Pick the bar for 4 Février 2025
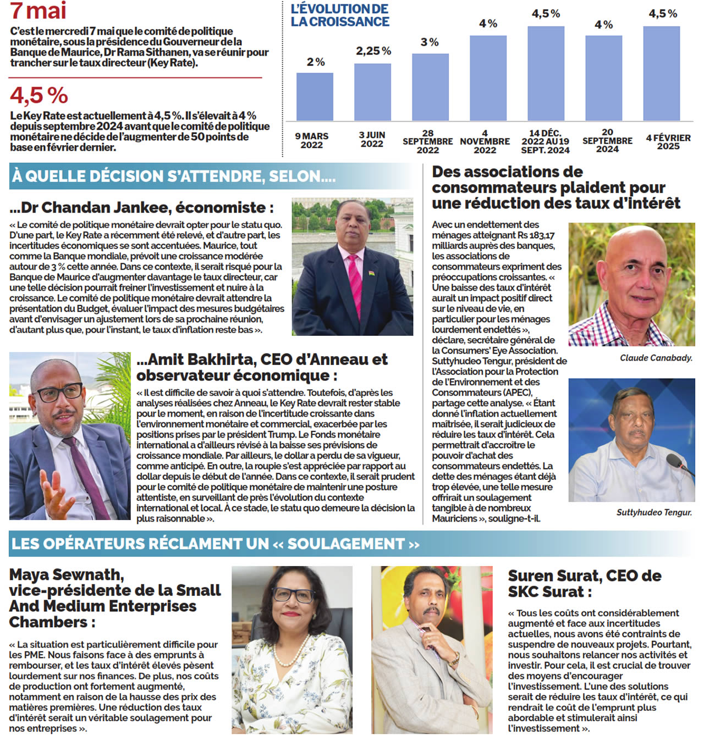pos(661,74)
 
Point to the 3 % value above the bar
pos(430,42)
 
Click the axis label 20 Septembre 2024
pos(607,141)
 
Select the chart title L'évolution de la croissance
pos(340,15)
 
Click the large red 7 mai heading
pos(38,11)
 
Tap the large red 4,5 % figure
pos(38,96)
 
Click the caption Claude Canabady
pos(656,358)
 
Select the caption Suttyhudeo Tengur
pos(654,512)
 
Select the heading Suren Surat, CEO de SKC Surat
pos(584,583)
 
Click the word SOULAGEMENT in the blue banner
pos(346,544)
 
